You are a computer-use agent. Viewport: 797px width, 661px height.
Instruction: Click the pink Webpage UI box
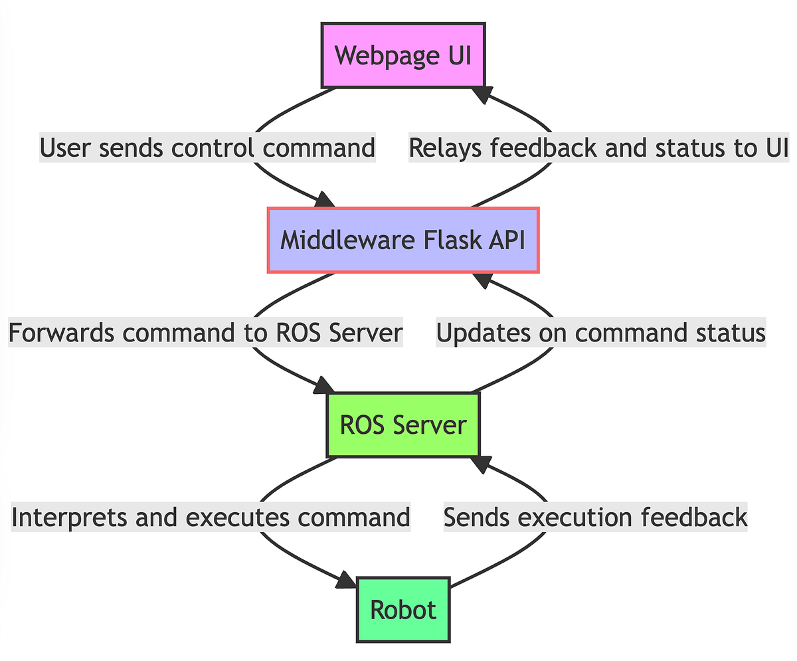[x=403, y=56]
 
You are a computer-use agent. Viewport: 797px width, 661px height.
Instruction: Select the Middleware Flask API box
[x=402, y=240]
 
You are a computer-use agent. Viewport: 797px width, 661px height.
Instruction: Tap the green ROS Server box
[x=402, y=425]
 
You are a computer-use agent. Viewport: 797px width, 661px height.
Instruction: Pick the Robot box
[x=402, y=610]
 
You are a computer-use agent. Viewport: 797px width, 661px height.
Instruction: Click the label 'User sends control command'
[x=208, y=147]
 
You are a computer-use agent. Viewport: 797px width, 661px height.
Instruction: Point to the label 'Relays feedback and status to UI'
[x=598, y=148]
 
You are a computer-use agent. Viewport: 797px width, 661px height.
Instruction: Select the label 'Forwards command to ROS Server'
[x=205, y=333]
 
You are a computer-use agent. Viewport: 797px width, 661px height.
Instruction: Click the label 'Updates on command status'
[x=600, y=333]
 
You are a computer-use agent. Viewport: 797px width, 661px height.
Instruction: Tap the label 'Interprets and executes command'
[x=211, y=518]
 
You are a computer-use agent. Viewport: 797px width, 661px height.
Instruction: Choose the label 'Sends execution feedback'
[x=595, y=518]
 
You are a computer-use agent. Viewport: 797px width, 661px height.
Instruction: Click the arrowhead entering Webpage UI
[x=480, y=95]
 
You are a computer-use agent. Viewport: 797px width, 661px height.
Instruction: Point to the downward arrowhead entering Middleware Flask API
[x=325, y=200]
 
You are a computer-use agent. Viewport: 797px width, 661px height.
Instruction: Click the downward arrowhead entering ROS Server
[x=325, y=385]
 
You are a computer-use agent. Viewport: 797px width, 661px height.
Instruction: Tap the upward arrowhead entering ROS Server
[x=480, y=464]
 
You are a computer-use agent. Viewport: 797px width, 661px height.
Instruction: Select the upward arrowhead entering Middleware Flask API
[x=480, y=280]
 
